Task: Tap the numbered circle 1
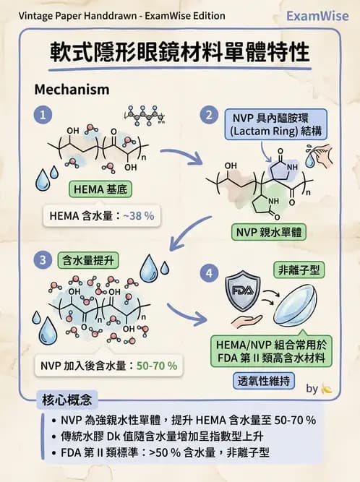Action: point(45,115)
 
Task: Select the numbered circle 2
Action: point(209,115)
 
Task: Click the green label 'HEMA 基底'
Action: point(100,190)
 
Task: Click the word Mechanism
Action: point(72,90)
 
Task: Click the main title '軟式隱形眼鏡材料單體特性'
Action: point(179,53)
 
